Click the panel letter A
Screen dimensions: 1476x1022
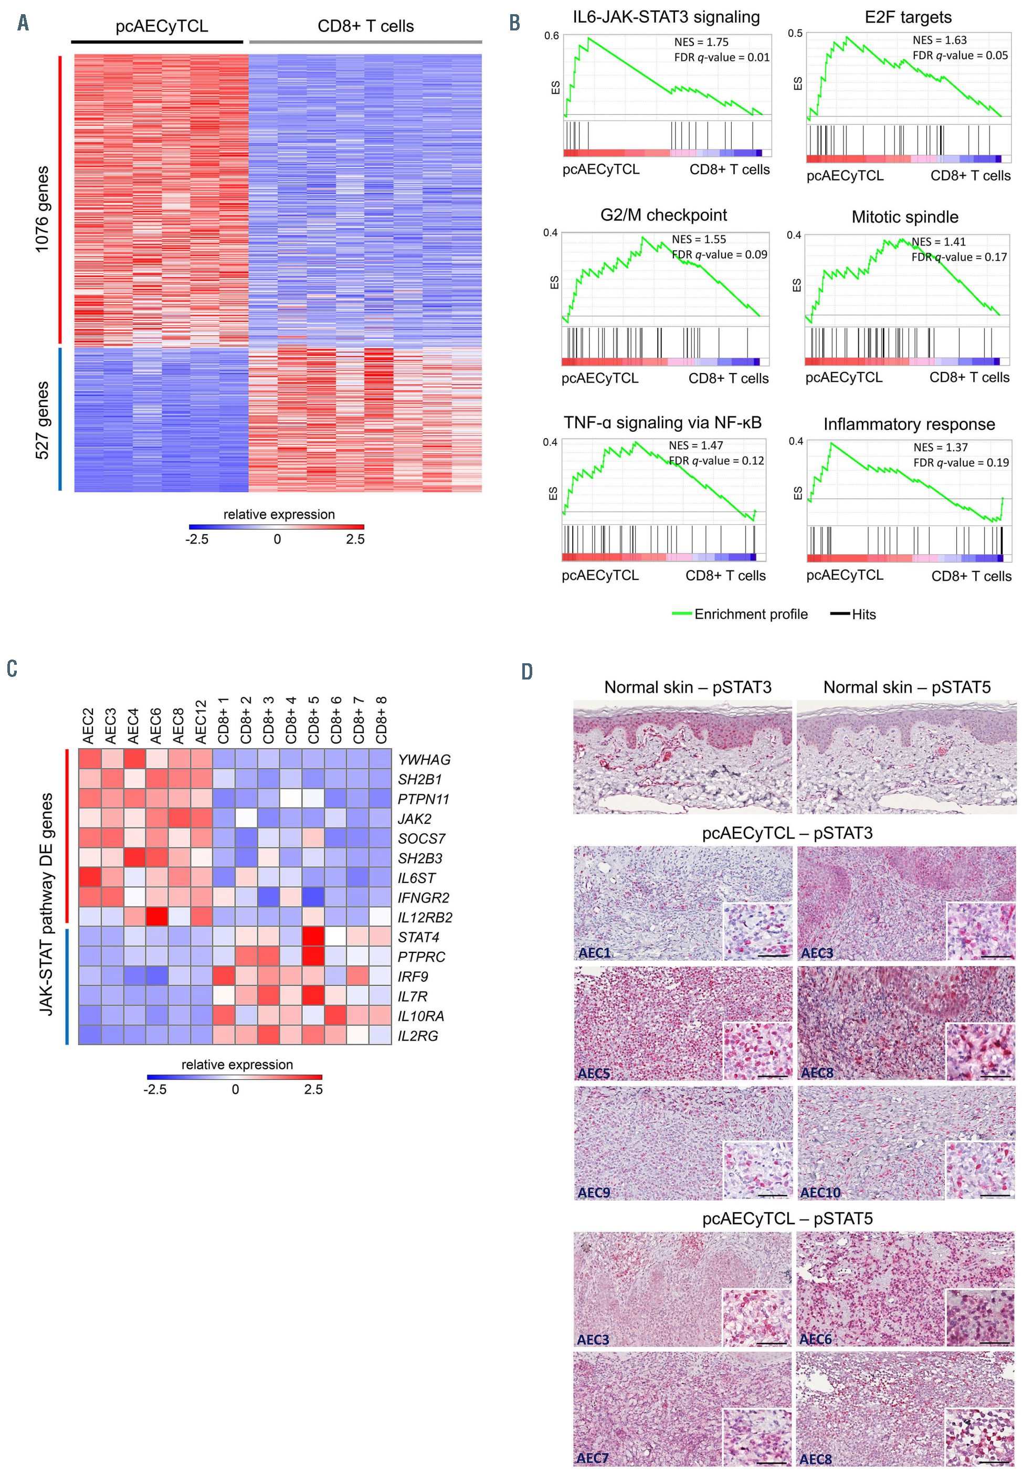pos(23,24)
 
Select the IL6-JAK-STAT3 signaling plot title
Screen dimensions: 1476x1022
pos(666,17)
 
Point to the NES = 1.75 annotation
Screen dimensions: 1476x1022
pos(701,43)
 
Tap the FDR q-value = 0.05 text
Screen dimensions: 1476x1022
pos(960,56)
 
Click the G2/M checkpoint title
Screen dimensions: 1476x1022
pos(663,215)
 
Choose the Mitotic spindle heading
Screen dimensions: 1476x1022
pos(904,217)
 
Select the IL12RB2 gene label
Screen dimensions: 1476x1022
pos(425,917)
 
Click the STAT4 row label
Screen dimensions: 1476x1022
pos(418,937)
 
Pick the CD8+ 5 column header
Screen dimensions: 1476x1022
pos(313,720)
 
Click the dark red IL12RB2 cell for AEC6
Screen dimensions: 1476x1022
pos(157,917)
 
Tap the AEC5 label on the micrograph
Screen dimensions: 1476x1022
pos(594,1074)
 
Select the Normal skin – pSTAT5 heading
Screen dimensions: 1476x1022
pos(906,687)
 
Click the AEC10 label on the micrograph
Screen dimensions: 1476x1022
pos(820,1193)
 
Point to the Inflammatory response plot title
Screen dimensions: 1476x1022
pos(909,424)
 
